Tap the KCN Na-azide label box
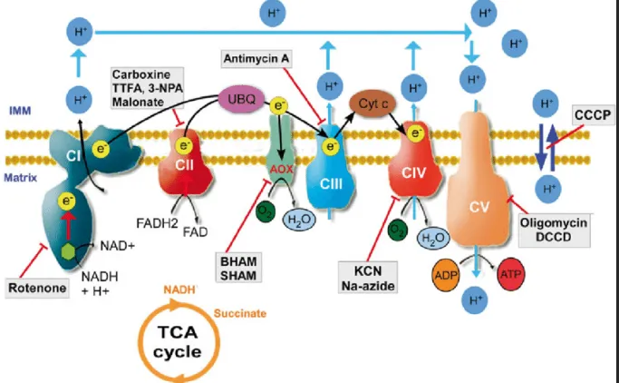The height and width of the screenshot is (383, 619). pyautogui.click(x=371, y=274)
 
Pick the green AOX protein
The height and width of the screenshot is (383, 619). pyautogui.click(x=284, y=154)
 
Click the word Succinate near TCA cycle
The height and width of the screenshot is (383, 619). pyautogui.click(x=239, y=311)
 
